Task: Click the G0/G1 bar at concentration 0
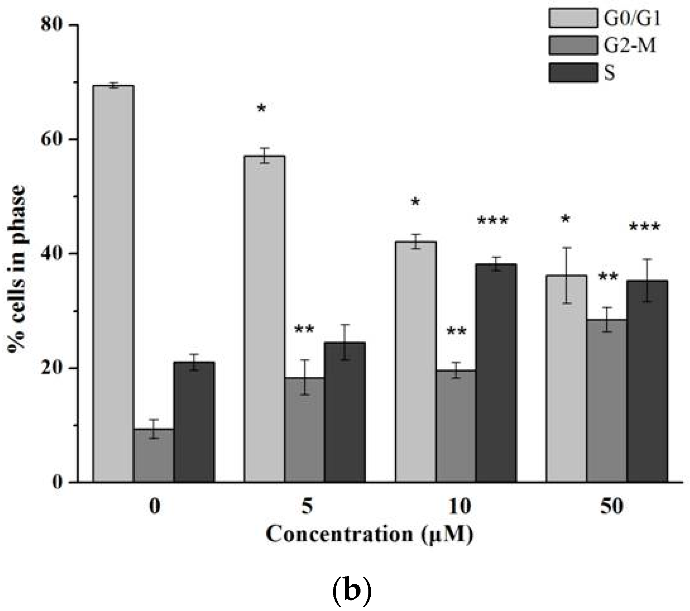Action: point(113,283)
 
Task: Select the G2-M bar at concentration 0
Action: point(154,455)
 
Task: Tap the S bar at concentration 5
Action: point(345,412)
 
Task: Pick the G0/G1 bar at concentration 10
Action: point(415,361)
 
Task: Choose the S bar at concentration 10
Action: point(496,373)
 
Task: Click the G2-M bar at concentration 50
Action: point(607,400)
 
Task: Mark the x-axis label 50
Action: point(611,507)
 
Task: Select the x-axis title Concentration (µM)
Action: point(369,534)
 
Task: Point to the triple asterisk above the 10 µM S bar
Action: point(492,221)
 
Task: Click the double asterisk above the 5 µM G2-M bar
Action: point(304,329)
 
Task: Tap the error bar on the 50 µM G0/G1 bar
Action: point(566,275)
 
